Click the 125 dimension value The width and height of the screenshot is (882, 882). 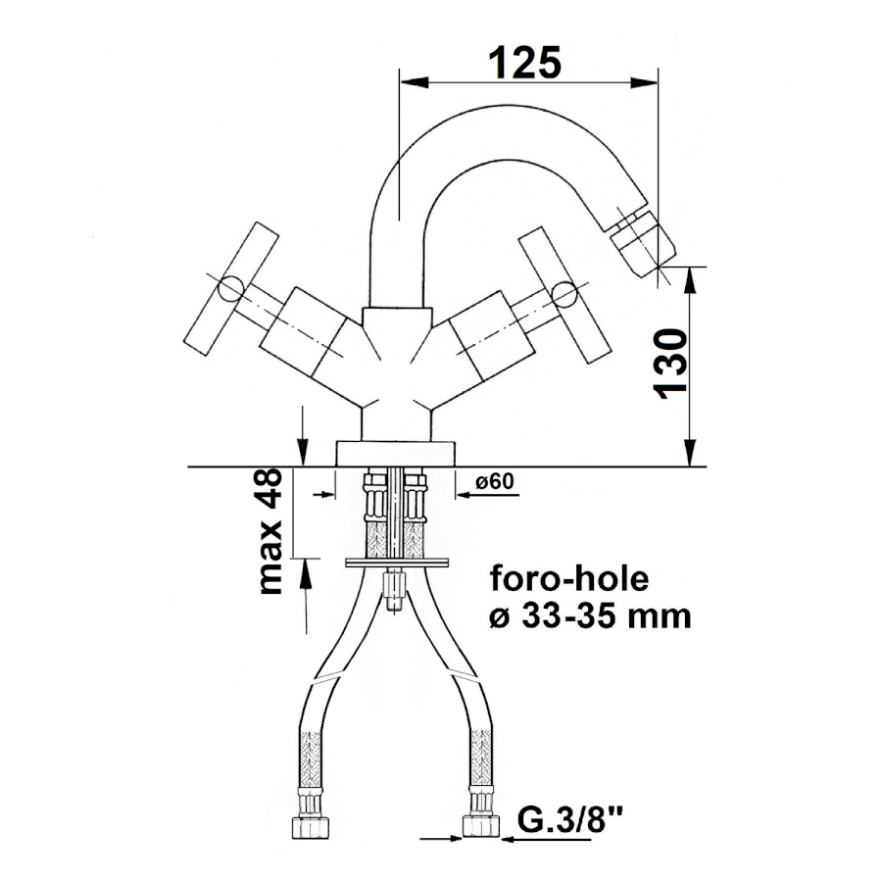tap(525, 63)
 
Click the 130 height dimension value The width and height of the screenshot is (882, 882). tap(670, 364)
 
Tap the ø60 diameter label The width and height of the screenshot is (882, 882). tap(495, 481)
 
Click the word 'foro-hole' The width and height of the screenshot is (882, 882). tap(568, 579)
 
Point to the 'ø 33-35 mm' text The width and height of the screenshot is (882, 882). tap(590, 616)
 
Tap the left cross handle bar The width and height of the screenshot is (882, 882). tap(231, 288)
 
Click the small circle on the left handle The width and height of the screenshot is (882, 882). tap(230, 289)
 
